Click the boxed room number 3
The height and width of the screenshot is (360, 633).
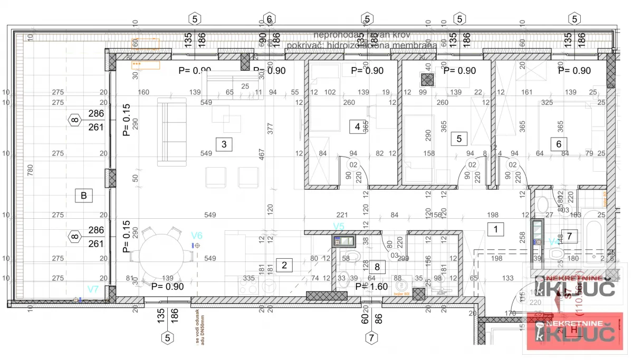point(224,143)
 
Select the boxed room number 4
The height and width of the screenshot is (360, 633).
point(357,127)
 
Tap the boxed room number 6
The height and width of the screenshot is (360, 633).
point(559,143)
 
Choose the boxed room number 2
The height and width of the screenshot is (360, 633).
point(284,265)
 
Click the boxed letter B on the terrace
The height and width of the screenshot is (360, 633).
point(83,196)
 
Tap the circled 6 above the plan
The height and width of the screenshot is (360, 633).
point(268,19)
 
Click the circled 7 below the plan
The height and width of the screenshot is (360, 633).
point(371,337)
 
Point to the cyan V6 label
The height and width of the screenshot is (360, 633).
point(196,236)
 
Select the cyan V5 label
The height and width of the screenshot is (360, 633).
point(339,226)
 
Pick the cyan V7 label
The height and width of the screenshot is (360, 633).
point(93,289)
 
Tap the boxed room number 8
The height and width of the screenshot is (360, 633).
point(377,267)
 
